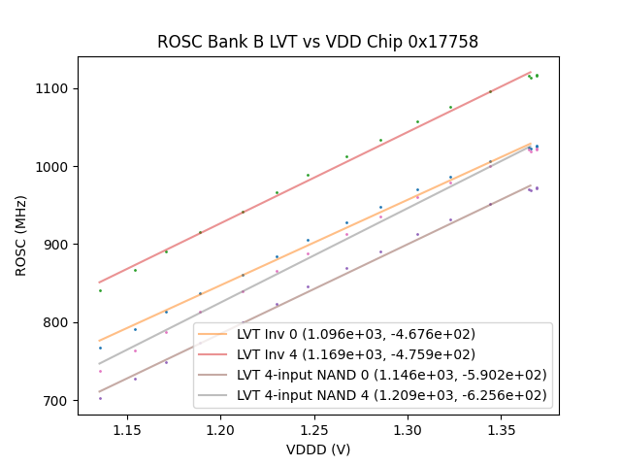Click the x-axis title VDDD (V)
(x=318, y=449)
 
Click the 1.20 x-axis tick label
(x=220, y=428)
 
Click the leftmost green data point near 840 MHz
(x=100, y=290)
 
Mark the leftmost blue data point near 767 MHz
(x=100, y=348)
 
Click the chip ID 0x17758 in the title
(x=443, y=43)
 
